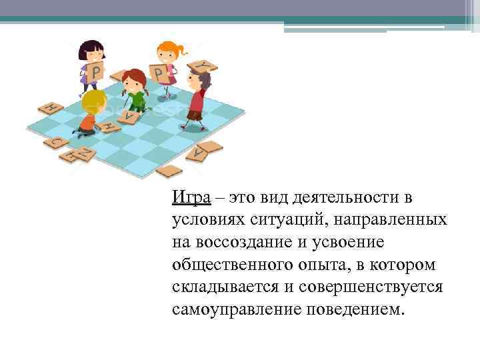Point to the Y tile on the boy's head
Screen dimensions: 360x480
pos(203,65)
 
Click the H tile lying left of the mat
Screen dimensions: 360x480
pos(50,108)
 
